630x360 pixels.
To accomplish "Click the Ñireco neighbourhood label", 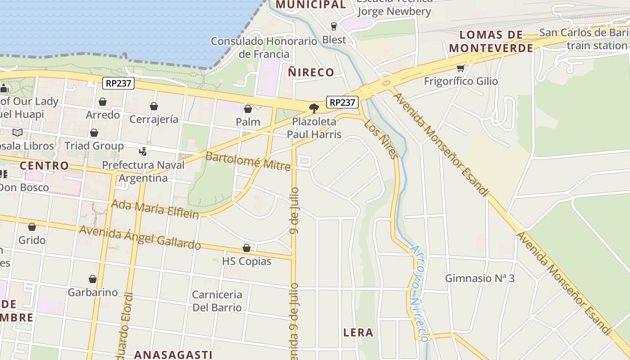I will [311, 72].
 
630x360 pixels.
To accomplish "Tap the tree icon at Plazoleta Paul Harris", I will [314, 108].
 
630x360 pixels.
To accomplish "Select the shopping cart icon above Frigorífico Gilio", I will [460, 68].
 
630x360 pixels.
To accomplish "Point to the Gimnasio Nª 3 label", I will [480, 278].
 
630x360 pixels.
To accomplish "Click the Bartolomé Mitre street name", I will [248, 161].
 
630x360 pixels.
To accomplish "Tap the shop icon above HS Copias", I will [247, 248].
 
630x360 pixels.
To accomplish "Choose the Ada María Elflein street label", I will [155, 208].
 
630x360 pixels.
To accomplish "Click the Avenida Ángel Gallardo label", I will [139, 237].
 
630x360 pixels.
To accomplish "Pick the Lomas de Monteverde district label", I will [491, 41].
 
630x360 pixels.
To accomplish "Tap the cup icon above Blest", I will [334, 26].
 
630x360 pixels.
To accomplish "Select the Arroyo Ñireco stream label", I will [418, 293].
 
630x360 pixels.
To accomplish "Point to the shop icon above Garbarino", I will [93, 279].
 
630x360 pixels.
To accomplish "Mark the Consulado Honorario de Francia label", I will [264, 48].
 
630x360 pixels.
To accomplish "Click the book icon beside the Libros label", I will [18, 133].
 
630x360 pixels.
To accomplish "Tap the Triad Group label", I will [94, 146].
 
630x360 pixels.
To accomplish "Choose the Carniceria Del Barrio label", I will [217, 301].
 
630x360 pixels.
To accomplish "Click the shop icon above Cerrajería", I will [154, 106].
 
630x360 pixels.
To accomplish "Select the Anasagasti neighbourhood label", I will [173, 355].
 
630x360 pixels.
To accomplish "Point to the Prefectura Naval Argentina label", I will [143, 171].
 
